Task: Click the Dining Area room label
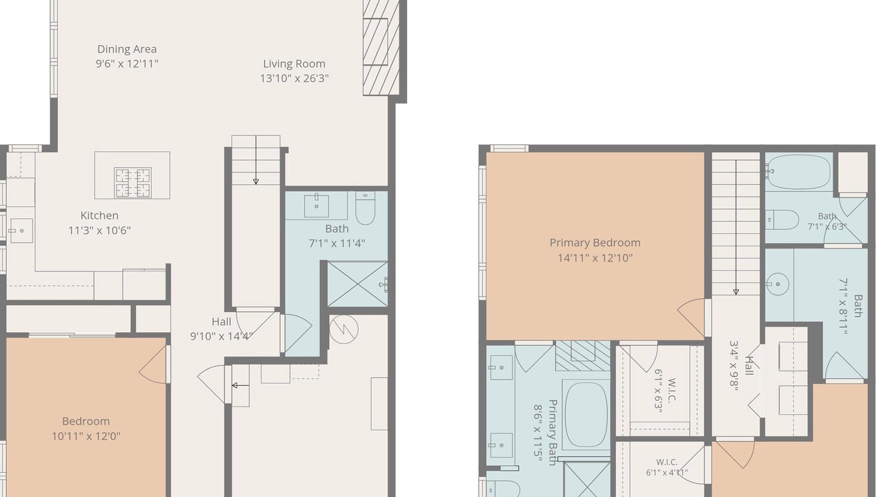click(x=127, y=49)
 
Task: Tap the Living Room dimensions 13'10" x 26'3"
click(x=294, y=78)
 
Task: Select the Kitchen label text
click(x=99, y=216)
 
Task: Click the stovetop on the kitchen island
click(x=132, y=183)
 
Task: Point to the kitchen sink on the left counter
click(x=21, y=231)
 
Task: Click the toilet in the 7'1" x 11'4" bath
click(x=366, y=208)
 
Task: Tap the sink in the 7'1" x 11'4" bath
click(x=317, y=206)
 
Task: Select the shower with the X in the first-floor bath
click(x=357, y=284)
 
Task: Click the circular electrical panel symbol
click(x=344, y=329)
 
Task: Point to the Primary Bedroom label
click(x=595, y=242)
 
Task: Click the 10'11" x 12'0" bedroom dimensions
click(x=86, y=436)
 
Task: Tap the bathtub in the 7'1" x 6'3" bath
click(x=799, y=172)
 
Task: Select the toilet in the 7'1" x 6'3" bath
click(x=782, y=220)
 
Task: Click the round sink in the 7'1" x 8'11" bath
click(x=777, y=284)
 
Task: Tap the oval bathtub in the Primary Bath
click(x=586, y=414)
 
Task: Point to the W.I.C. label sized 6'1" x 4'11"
click(x=667, y=462)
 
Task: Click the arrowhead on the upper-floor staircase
click(x=736, y=292)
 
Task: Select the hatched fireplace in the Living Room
click(x=381, y=48)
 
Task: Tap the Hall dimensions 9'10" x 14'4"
click(x=221, y=336)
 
